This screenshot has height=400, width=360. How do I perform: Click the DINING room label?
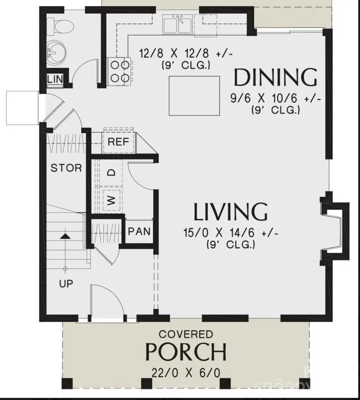[275, 78]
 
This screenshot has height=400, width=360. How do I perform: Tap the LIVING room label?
[230, 212]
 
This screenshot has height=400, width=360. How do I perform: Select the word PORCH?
[186, 352]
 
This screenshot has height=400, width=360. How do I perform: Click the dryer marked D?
[112, 172]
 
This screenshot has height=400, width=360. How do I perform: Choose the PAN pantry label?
[139, 231]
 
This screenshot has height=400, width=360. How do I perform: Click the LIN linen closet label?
[55, 79]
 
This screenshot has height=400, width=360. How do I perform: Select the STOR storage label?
[66, 168]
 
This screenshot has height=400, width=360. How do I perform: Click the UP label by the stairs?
[66, 284]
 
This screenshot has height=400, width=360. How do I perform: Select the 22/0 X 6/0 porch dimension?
[186, 373]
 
